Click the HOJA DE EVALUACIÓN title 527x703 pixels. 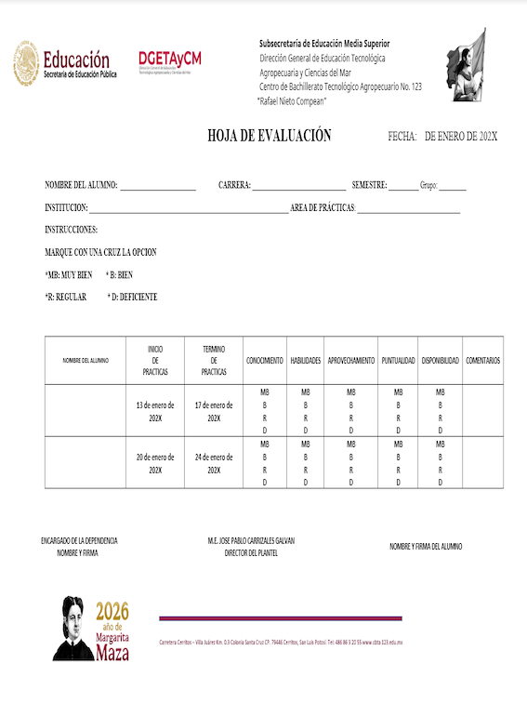pyautogui.click(x=269, y=136)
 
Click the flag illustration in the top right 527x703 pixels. pyautogui.click(x=464, y=65)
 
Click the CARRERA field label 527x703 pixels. pyautogui.click(x=234, y=185)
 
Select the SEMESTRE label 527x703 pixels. pyautogui.click(x=369, y=185)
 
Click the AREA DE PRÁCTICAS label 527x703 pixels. pyautogui.click(x=323, y=207)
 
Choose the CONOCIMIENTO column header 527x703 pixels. pyautogui.click(x=265, y=360)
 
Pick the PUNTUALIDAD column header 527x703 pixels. pyautogui.click(x=398, y=360)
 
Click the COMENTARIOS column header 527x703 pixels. pyautogui.click(x=482, y=360)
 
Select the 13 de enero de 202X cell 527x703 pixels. pyautogui.click(x=155, y=411)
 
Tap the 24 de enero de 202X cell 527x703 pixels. pyautogui.click(x=214, y=463)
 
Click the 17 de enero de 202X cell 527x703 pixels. pyautogui.click(x=214, y=411)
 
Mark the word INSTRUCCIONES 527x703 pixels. pyautogui.click(x=72, y=230)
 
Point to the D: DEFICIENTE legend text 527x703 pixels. pyautogui.click(x=133, y=297)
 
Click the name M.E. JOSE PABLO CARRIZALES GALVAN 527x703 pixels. pyautogui.click(x=252, y=540)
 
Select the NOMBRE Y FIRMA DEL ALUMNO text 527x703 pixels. pyautogui.click(x=426, y=547)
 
